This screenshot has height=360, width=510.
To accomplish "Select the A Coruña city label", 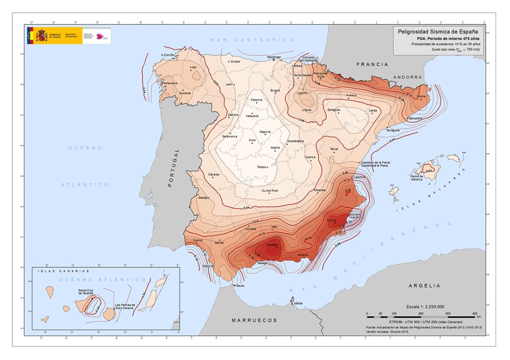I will tap(168, 54).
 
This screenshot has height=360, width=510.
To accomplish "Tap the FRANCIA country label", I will tap(372, 64).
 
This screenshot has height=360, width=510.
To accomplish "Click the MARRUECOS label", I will tap(255, 320).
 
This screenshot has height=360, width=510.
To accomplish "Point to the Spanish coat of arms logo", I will tap(42, 36).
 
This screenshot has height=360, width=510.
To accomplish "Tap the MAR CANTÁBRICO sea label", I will tap(251, 39).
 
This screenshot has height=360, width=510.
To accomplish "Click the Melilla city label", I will tap(298, 303).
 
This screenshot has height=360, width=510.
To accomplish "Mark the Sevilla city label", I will tap(219, 242).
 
